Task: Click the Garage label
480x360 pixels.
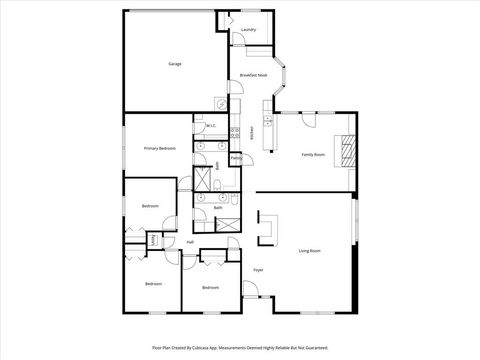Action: (x=174, y=64)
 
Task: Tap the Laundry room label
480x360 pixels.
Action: (x=249, y=30)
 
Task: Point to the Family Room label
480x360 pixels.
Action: (x=314, y=154)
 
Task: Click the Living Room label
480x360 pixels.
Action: (x=309, y=250)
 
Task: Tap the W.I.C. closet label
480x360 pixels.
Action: (x=211, y=126)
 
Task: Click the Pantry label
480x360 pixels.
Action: (x=236, y=158)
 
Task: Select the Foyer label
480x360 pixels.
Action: (x=257, y=270)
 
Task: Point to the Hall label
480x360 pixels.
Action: (x=190, y=241)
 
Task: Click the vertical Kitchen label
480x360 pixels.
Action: (x=252, y=131)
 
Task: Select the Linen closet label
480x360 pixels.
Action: (x=153, y=241)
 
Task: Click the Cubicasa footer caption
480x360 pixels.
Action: (x=240, y=348)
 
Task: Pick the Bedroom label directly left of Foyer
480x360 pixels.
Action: (x=209, y=287)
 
